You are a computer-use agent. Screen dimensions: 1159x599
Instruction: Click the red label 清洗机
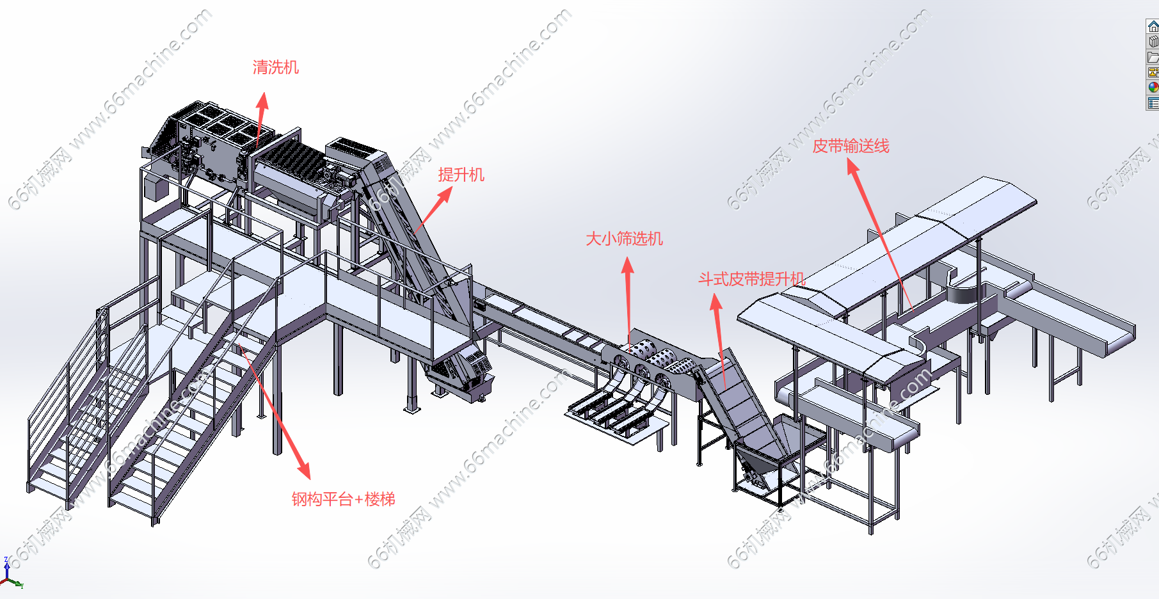[x=275, y=67]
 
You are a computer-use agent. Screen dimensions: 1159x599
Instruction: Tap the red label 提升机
[x=461, y=175]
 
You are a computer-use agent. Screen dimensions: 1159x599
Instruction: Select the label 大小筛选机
[x=624, y=239]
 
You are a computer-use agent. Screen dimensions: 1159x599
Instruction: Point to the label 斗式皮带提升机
[x=751, y=279]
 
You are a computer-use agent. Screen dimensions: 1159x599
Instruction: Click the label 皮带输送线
[x=851, y=146]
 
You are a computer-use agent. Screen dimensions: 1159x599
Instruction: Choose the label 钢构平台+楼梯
[x=343, y=499]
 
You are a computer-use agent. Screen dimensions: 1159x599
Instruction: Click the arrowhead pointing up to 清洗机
[x=262, y=101]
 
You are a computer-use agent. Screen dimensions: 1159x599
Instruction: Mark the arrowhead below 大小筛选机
[x=628, y=266]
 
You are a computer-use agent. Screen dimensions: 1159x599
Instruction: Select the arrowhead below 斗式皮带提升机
[x=716, y=302]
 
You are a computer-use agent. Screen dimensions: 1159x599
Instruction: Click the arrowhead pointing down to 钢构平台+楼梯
[x=304, y=470]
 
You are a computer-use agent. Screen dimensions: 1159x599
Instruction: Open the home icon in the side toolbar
[x=1153, y=26]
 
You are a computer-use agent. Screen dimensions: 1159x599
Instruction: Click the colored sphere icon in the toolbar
[x=1153, y=87]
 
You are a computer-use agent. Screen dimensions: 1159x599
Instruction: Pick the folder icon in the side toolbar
[x=1153, y=57]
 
